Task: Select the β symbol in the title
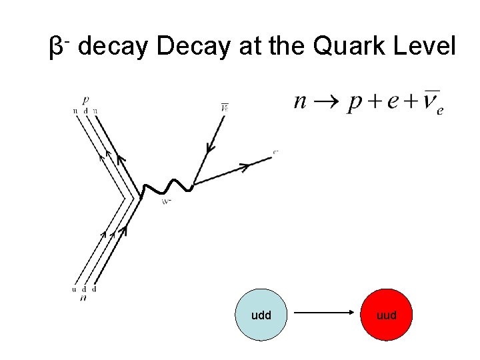pyautogui.click(x=57, y=48)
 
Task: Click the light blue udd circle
pyautogui.click(x=261, y=315)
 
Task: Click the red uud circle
pyautogui.click(x=387, y=315)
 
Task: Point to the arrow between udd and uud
pyautogui.click(x=323, y=313)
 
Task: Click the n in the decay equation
pyautogui.click(x=301, y=102)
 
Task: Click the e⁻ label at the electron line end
pyautogui.click(x=275, y=152)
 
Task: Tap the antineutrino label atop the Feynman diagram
pyautogui.click(x=225, y=106)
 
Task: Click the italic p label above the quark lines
pyautogui.click(x=85, y=99)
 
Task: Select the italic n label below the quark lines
pyautogui.click(x=85, y=298)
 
